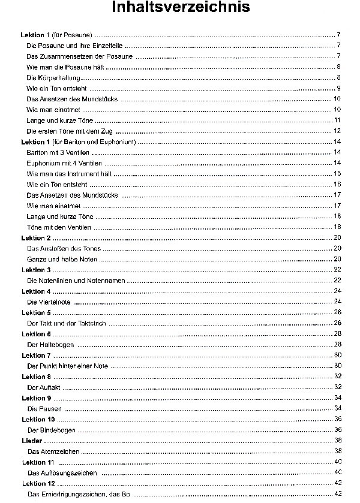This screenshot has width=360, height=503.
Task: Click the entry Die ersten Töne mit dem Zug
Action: pos(70,131)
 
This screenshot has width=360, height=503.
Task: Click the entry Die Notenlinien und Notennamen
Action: pos(75,281)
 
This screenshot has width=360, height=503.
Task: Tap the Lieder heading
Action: pos(32,441)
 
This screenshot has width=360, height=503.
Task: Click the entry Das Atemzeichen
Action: pos(53,451)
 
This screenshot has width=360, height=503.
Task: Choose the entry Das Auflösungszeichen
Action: pos(62,473)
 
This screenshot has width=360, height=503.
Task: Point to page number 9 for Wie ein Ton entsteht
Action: pos(339,88)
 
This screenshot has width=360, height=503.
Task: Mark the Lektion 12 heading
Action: pos(38,483)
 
